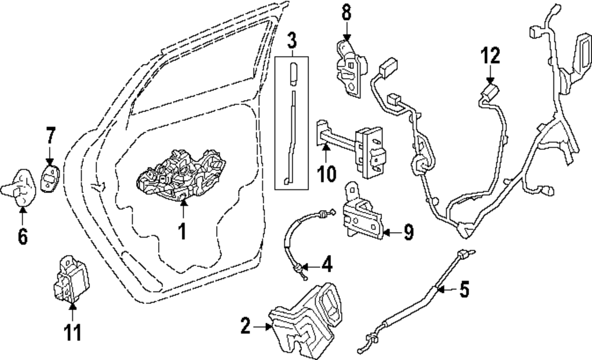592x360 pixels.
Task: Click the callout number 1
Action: tap(182, 231)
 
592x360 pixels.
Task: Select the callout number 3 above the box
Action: tap(291, 41)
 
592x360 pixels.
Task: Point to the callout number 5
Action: tap(465, 290)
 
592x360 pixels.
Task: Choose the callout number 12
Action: tap(490, 56)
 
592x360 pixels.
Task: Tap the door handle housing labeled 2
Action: tap(308, 320)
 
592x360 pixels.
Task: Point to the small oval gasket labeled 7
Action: tap(50, 176)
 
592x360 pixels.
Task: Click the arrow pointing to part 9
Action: tap(391, 233)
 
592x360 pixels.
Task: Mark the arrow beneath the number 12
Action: tap(490, 76)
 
